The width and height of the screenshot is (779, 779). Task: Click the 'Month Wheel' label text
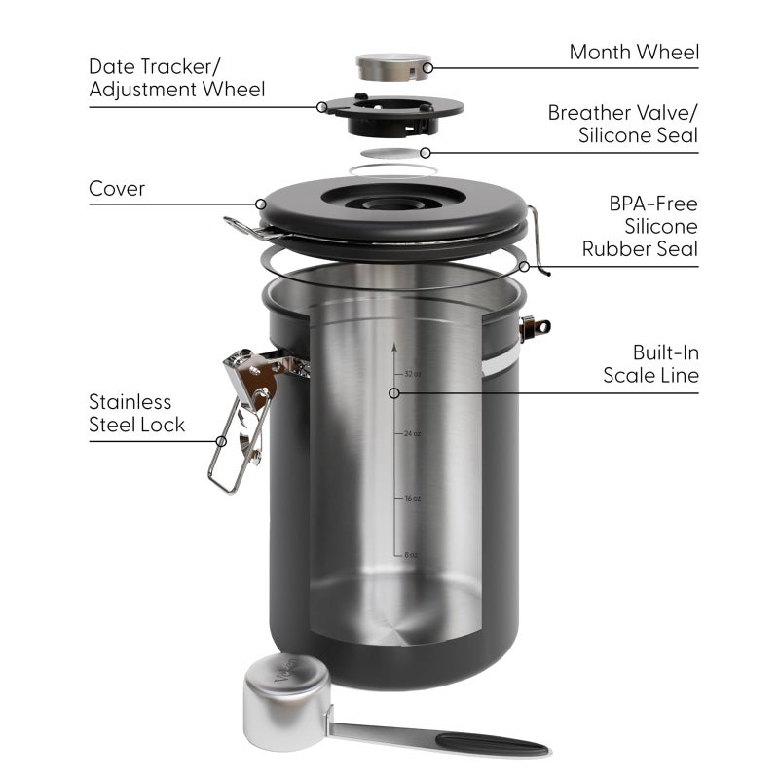[x=634, y=52]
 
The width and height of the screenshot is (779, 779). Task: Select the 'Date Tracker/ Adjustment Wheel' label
[x=176, y=78]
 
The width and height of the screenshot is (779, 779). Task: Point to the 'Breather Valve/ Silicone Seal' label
[x=622, y=124]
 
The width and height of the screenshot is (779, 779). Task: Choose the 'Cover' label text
[x=117, y=188]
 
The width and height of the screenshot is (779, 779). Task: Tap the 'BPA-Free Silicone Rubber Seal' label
[x=640, y=226]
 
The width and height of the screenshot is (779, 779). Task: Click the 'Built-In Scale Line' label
[x=650, y=363]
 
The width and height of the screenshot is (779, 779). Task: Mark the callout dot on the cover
[x=260, y=204]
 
